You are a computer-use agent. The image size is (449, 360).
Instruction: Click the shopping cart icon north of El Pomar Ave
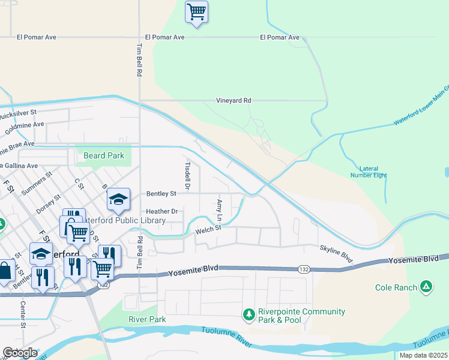196,12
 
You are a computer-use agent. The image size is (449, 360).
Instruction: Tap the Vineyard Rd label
234,101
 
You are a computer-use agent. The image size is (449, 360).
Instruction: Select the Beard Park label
104,156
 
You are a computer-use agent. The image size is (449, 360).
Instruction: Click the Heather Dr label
162,212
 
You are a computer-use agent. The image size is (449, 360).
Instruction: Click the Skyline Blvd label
336,253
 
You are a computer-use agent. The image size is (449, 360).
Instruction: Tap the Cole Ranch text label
396,288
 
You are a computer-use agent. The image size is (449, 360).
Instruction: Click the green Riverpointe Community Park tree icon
248,314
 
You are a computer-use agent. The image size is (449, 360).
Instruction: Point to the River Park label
147,319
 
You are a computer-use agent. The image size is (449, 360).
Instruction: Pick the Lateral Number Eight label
369,172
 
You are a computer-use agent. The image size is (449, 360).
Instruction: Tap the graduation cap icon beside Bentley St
119,199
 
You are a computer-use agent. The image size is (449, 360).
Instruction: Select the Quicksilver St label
18,112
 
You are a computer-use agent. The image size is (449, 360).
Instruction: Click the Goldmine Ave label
22,125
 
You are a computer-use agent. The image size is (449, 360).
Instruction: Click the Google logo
19,353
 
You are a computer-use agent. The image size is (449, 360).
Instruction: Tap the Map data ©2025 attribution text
423,355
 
